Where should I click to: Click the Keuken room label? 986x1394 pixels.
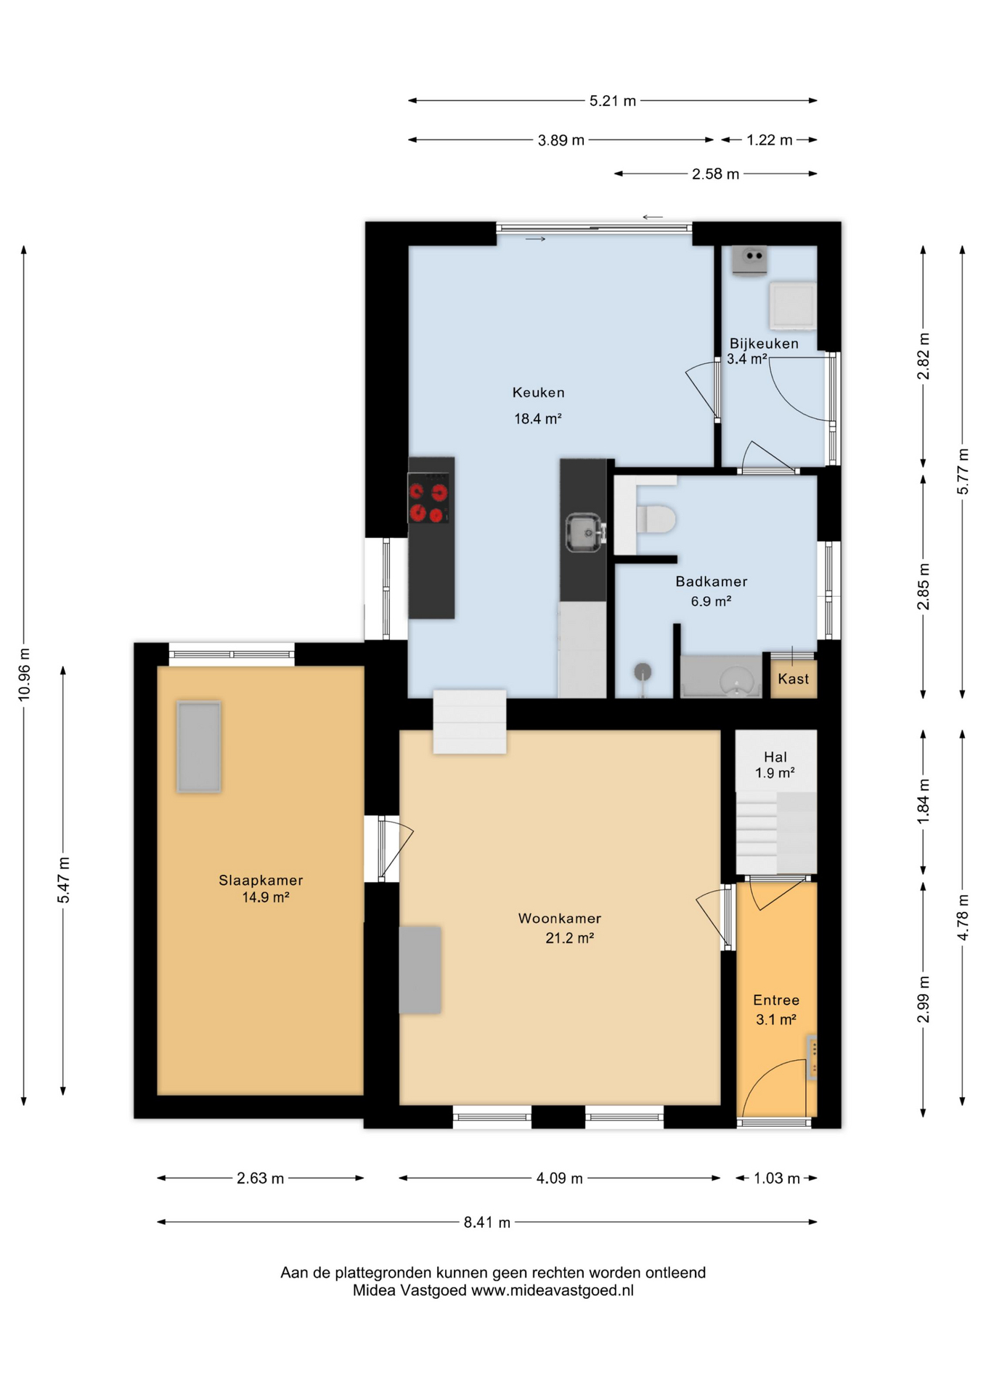538,393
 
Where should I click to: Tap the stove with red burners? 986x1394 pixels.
428,498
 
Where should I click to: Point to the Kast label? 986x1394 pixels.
793,679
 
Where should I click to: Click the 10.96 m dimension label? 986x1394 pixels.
25,674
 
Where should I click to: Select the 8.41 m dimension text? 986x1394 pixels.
487,1223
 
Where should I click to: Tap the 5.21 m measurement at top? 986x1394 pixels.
612,101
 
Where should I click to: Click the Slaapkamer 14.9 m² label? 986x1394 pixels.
261,889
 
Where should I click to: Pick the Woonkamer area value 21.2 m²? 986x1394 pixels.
570,938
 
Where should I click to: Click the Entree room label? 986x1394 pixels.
776,1000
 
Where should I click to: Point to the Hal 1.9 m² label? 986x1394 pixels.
775,765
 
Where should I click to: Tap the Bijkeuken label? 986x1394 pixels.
764,343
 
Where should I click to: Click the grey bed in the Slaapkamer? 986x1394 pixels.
199,746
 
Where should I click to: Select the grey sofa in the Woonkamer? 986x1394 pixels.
420,969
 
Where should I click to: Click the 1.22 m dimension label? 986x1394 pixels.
770,140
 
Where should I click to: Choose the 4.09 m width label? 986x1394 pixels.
559,1178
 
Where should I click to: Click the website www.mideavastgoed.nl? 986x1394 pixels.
553,1290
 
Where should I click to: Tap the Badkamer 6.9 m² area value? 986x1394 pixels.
711,601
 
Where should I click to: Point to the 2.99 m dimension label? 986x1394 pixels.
924,1000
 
